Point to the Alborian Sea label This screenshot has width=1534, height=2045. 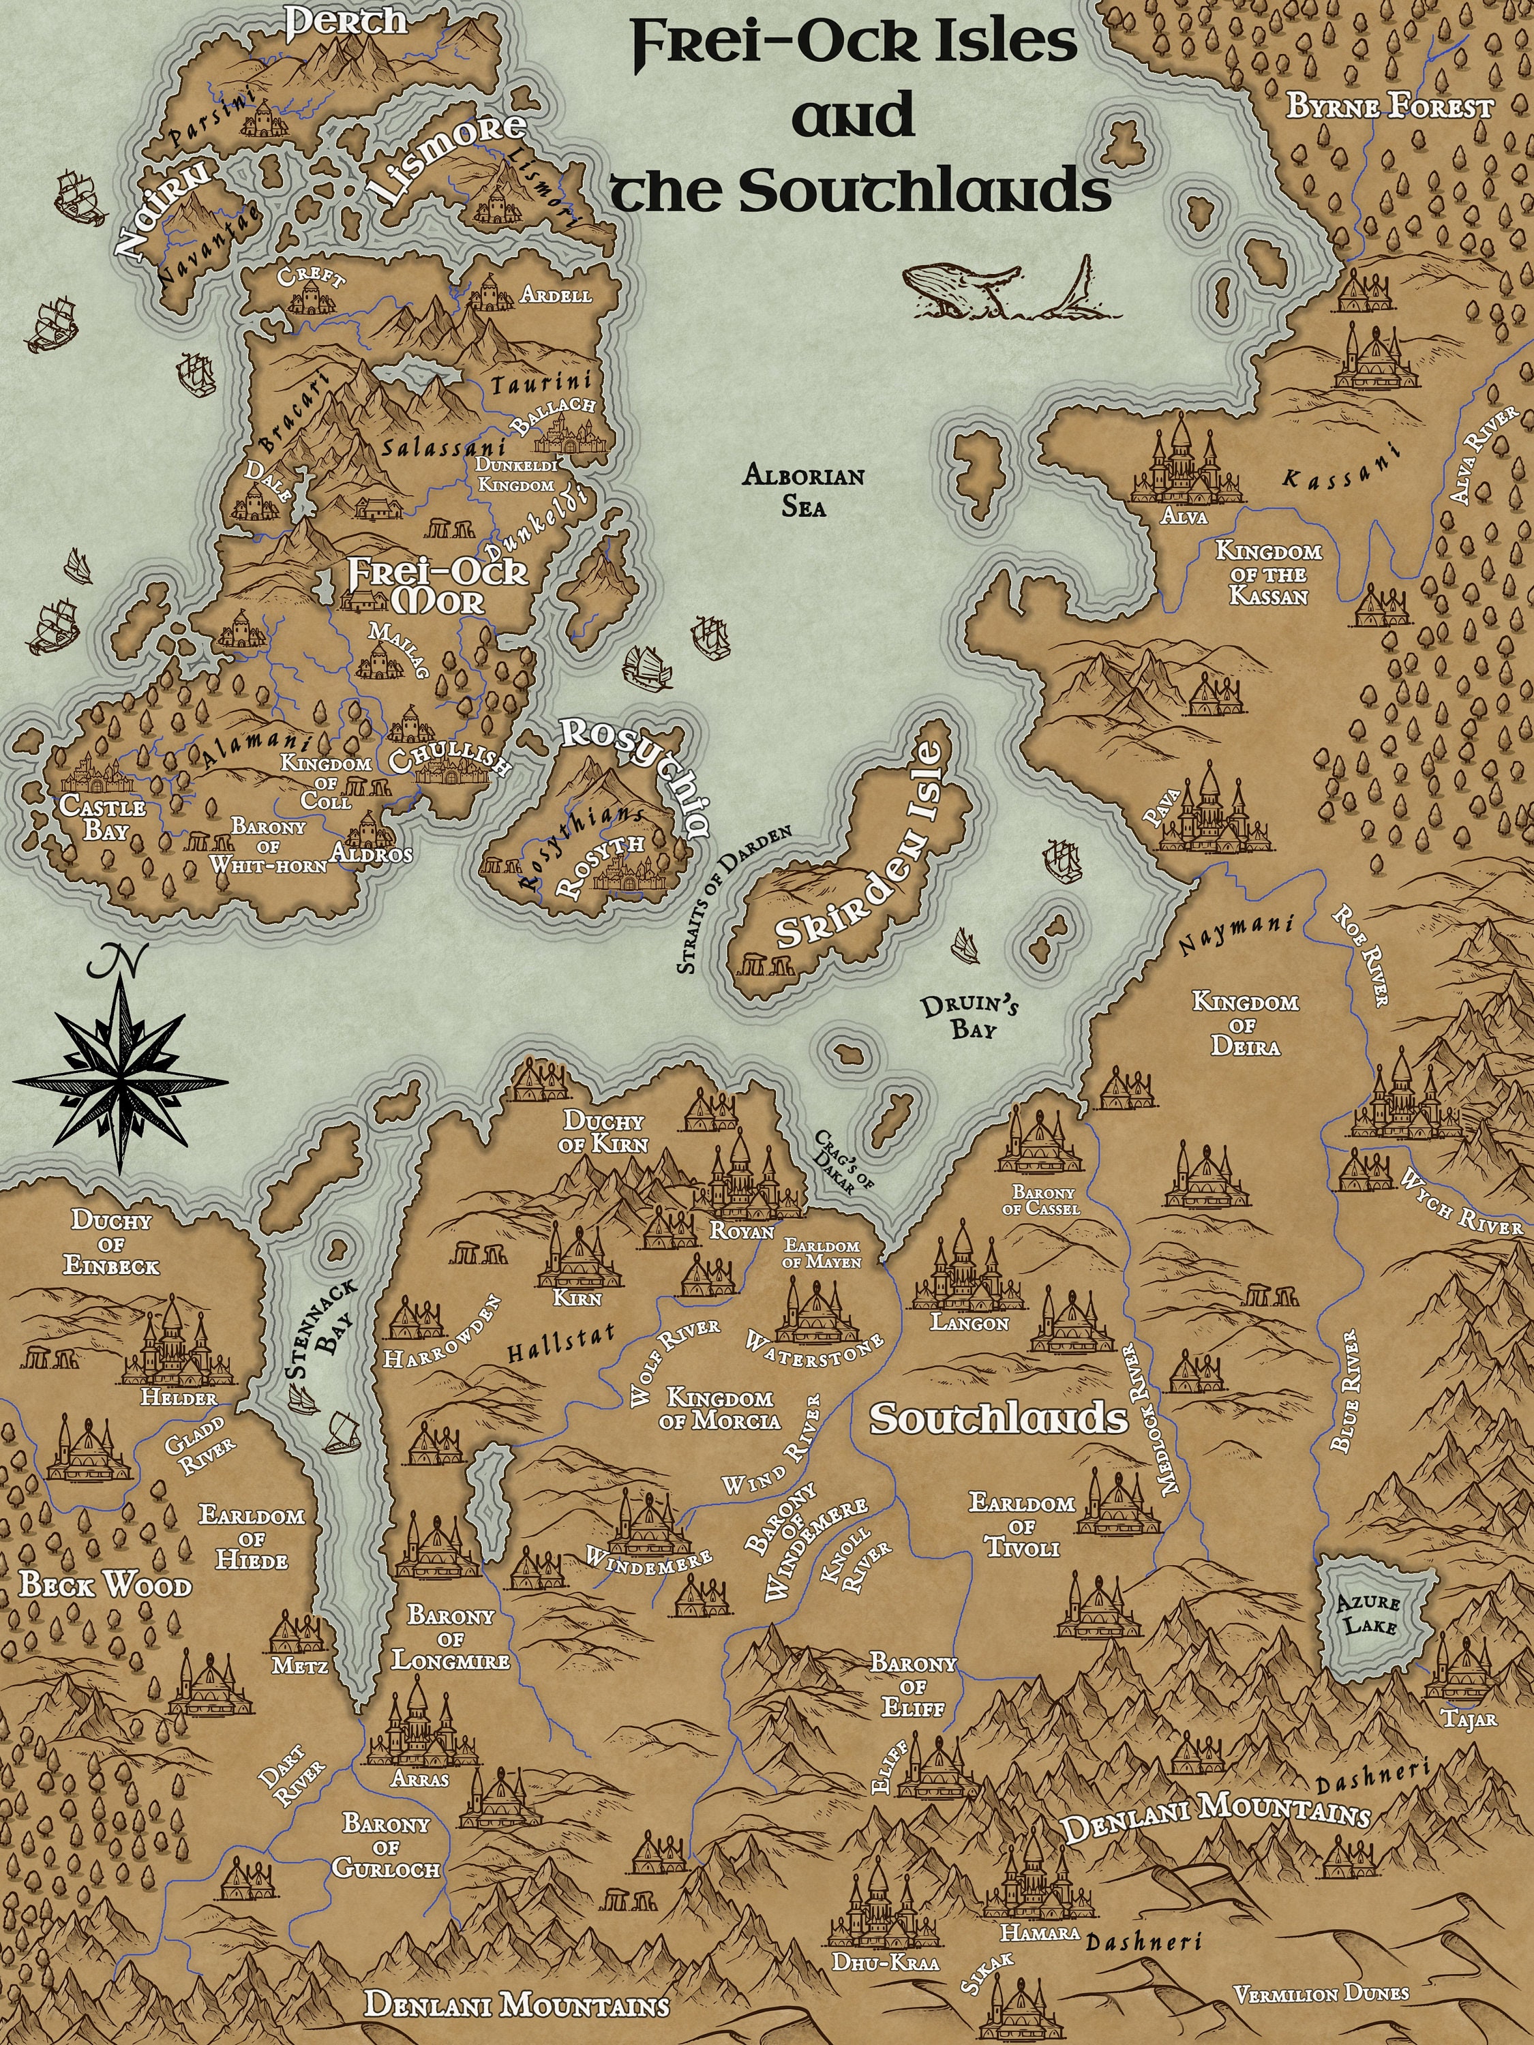click(804, 491)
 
